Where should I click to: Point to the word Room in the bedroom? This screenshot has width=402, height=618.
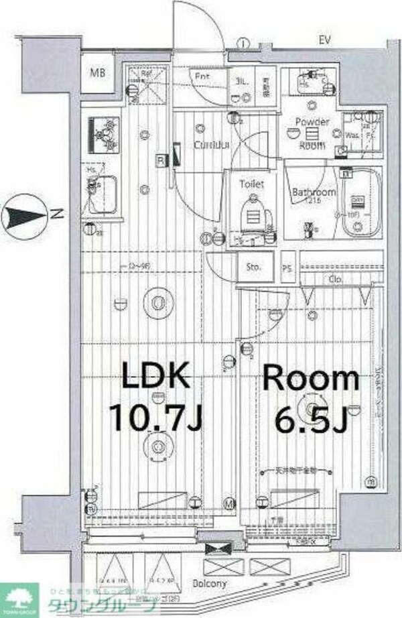(x=310, y=379)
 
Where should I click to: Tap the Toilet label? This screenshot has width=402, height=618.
(x=252, y=183)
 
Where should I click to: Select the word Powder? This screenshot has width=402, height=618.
(x=312, y=122)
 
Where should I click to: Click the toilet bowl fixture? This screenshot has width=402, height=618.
(x=253, y=211)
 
